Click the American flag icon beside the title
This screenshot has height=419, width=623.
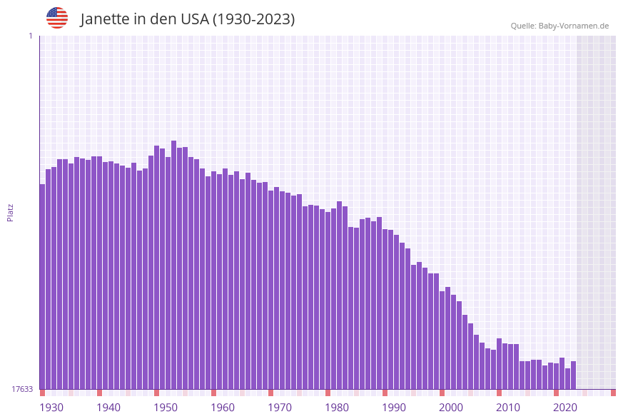[x=57, y=18]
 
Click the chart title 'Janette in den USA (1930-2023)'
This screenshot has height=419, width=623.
[x=187, y=19]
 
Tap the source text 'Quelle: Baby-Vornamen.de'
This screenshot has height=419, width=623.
[x=559, y=26]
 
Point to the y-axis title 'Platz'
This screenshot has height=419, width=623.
[x=11, y=212]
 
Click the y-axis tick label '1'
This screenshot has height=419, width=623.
[x=30, y=36]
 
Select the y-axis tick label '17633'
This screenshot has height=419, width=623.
[x=22, y=389]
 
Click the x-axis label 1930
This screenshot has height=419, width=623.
[x=51, y=407]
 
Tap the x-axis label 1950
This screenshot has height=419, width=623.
[x=166, y=407]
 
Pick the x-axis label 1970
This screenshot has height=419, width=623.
[x=280, y=407]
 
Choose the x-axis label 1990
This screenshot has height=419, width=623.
[x=394, y=407]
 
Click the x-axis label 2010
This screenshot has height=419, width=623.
[x=508, y=407]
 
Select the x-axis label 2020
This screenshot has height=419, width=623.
[x=565, y=407]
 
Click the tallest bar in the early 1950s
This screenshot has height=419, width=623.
[x=173, y=264]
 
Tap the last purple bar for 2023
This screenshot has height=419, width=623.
[x=573, y=375]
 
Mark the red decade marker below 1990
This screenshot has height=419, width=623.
[x=385, y=393]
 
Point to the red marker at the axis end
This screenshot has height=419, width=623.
[x=613, y=393]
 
